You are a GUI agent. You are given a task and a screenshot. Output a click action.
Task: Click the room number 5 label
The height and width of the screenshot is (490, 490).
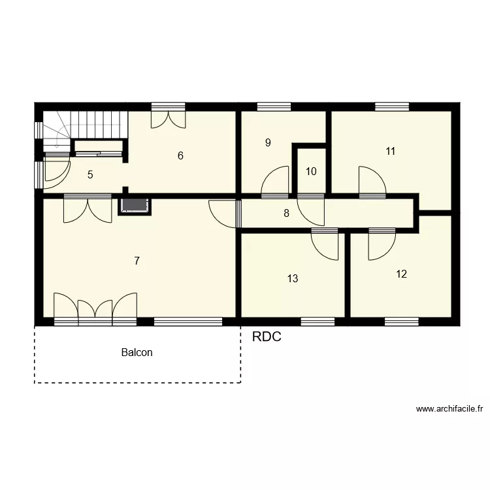90,174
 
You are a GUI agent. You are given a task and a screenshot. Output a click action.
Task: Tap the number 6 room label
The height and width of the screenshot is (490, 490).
180,155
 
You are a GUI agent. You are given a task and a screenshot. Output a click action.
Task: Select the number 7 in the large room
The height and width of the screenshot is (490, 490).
137,261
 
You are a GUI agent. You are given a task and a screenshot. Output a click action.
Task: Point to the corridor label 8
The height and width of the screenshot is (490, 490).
286,212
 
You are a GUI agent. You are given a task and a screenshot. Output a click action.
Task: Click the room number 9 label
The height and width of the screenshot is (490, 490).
268,142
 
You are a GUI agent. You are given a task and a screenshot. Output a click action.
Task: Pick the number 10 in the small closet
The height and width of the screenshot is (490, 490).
311,172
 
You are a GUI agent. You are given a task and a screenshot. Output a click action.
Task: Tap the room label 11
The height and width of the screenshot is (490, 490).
391,151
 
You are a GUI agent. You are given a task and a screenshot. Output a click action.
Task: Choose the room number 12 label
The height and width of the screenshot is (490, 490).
401,274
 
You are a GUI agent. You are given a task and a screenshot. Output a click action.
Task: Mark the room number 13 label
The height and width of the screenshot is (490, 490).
293,278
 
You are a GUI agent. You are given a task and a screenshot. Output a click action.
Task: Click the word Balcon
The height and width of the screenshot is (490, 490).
137,352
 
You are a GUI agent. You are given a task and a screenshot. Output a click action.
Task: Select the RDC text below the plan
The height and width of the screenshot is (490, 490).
267,337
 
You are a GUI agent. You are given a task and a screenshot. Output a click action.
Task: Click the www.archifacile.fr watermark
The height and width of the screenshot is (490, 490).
449,410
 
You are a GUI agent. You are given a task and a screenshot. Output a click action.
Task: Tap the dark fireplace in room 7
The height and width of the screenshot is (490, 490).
135,206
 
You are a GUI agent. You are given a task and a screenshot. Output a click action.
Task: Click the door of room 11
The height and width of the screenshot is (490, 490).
371,181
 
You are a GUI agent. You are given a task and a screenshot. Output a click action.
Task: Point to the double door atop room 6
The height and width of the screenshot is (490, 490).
168,118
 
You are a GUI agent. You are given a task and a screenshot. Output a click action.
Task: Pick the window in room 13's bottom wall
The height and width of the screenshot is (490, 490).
318,321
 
